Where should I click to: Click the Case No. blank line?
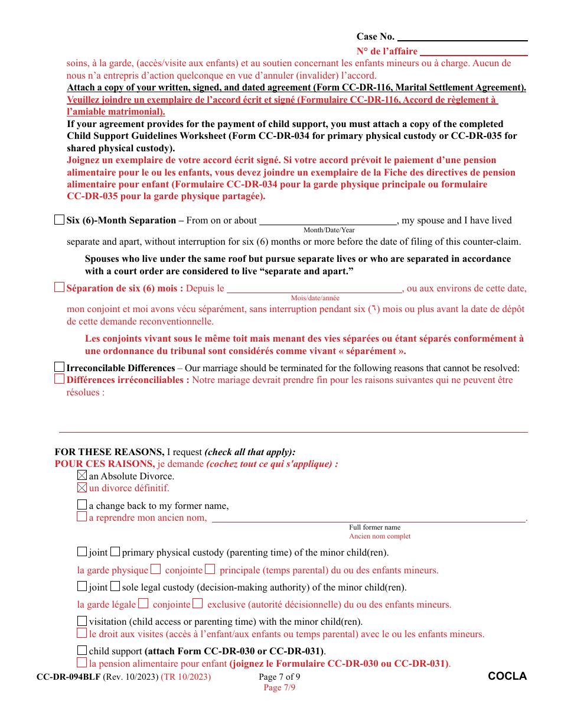(x=462, y=37)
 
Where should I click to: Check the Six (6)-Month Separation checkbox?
(x=59, y=220)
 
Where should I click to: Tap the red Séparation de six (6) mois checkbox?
(x=59, y=288)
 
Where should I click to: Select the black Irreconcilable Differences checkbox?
(x=59, y=367)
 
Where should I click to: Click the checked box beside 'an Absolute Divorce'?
(x=82, y=475)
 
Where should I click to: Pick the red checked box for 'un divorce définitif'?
(x=82, y=488)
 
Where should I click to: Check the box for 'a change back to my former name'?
(x=82, y=505)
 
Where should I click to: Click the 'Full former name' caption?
(x=374, y=527)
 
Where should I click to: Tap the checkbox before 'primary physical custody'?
(x=115, y=552)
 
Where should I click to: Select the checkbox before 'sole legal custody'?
(x=115, y=586)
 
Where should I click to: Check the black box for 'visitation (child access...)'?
(x=82, y=621)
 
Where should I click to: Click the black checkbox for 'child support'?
(x=82, y=651)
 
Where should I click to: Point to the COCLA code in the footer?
(x=507, y=676)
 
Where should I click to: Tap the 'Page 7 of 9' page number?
(x=279, y=677)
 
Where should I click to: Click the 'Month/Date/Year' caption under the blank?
(x=329, y=230)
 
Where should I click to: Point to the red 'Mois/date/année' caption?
(x=315, y=298)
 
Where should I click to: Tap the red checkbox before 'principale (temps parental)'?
(x=210, y=569)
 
